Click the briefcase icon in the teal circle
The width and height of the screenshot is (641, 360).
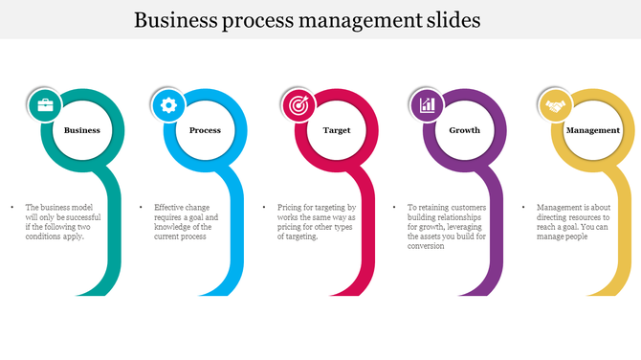point(44,104)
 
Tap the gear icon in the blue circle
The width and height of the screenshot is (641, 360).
point(169,104)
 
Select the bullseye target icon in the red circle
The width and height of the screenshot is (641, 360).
point(297,104)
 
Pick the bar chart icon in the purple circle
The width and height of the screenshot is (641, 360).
point(427,104)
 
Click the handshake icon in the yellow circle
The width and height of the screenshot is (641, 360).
point(554,104)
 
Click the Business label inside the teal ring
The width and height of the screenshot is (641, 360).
point(82,130)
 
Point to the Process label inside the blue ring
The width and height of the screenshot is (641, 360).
point(205,130)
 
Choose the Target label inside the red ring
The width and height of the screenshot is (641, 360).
point(337,130)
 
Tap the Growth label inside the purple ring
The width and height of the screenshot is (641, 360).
point(465,130)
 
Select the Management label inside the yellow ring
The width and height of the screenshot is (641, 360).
point(593,130)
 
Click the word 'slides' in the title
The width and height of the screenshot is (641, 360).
point(447,20)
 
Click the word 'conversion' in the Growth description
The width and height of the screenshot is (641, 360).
point(427,246)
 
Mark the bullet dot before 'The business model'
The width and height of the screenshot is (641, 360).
point(11,207)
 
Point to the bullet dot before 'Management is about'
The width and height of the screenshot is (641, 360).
point(523,207)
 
